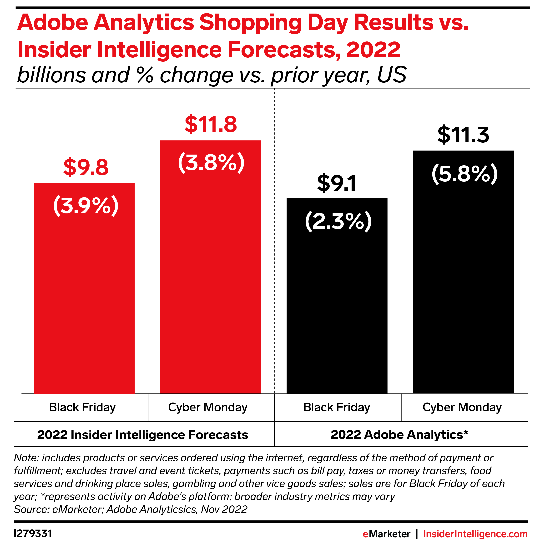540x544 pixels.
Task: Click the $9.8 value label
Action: pyautogui.click(x=86, y=168)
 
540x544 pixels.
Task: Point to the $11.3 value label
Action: pyautogui.click(x=463, y=135)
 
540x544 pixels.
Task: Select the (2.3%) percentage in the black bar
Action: pyautogui.click(x=338, y=222)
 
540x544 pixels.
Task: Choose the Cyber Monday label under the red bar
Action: pyautogui.click(x=208, y=408)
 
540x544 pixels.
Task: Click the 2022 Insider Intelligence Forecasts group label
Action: pyautogui.click(x=142, y=435)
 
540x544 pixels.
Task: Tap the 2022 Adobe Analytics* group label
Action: pyautogui.click(x=399, y=435)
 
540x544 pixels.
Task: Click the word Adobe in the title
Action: pyautogui.click(x=53, y=23)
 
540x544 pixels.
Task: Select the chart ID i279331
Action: pyautogui.click(x=33, y=534)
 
